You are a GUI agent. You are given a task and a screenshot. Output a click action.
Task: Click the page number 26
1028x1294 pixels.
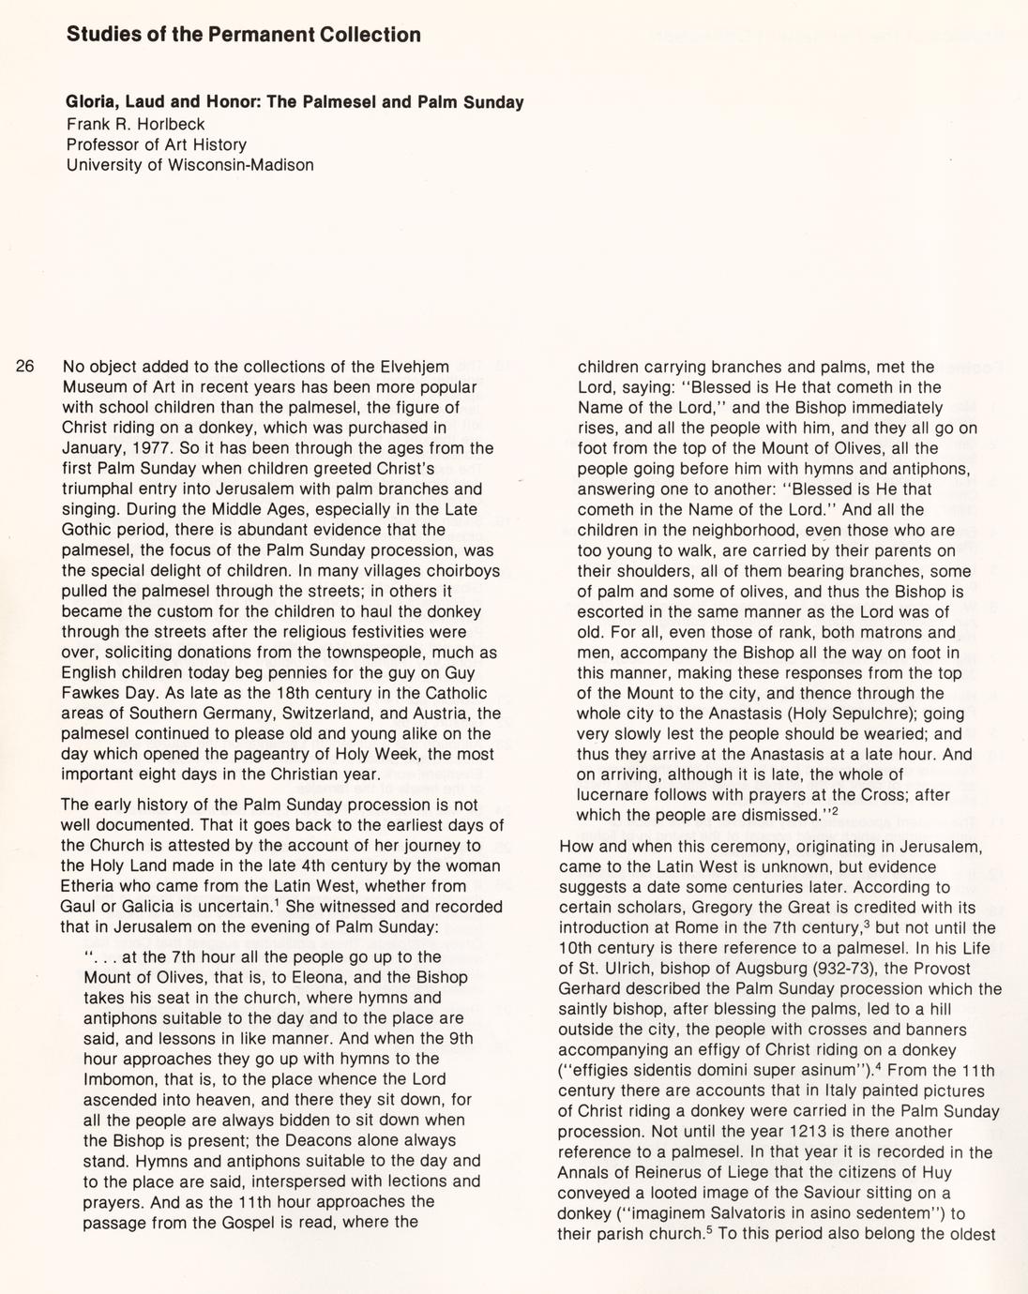[x=26, y=367]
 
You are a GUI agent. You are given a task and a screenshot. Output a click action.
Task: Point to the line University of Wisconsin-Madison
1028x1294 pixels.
[x=189, y=165]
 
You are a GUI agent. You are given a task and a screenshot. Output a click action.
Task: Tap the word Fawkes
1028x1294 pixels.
[x=92, y=693]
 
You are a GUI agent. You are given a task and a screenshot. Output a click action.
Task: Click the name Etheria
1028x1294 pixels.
[x=89, y=886]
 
